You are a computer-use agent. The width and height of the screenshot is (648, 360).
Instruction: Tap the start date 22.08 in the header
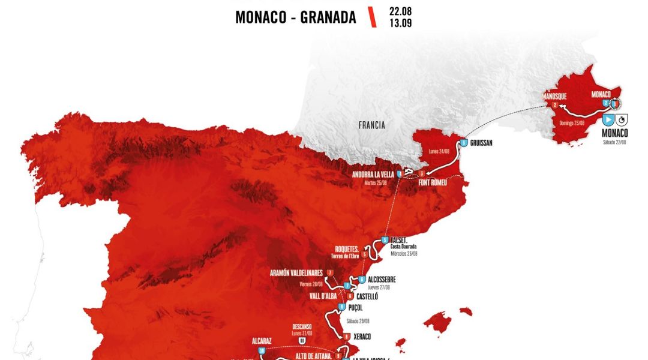pyautogui.click(x=400, y=11)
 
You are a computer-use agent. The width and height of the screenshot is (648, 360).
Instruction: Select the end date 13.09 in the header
pyautogui.click(x=400, y=23)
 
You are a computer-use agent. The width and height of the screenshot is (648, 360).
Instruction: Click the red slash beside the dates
pyautogui.click(x=373, y=17)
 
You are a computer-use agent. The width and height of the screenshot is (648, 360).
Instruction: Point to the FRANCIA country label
pyautogui.click(x=371, y=125)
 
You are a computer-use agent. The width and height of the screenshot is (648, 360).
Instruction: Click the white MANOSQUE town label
pyautogui.click(x=554, y=96)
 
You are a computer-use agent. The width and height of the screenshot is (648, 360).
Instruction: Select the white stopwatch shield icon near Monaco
pyautogui.click(x=622, y=118)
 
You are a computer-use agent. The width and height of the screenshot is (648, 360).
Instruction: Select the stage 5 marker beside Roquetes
pyautogui.click(x=365, y=254)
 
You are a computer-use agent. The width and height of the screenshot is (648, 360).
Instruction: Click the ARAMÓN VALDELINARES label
pyautogui.click(x=296, y=273)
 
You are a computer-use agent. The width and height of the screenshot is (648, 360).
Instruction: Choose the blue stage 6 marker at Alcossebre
pyautogui.click(x=362, y=280)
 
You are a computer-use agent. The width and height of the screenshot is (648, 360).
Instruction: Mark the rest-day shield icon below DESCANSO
pyautogui.click(x=302, y=341)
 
